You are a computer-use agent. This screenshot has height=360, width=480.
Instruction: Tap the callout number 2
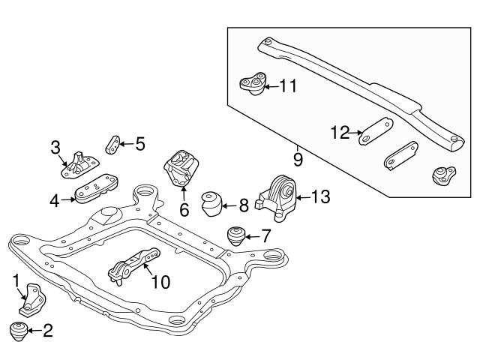[48, 331]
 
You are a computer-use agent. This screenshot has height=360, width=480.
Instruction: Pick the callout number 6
[184, 211]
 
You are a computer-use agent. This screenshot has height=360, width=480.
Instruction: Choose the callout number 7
[265, 235]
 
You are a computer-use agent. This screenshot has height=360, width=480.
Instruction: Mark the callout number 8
[244, 202]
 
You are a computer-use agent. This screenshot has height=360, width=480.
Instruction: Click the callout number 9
[298, 160]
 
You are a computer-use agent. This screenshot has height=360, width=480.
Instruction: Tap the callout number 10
[160, 282]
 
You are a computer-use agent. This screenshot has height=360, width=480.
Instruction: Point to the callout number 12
[340, 133]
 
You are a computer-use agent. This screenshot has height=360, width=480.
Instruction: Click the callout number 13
[319, 197]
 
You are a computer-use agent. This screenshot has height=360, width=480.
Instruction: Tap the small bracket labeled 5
[113, 142]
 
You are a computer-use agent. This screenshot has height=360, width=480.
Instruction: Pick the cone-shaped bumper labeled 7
[238, 235]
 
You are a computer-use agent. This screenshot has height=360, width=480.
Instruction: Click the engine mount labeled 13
[279, 198]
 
